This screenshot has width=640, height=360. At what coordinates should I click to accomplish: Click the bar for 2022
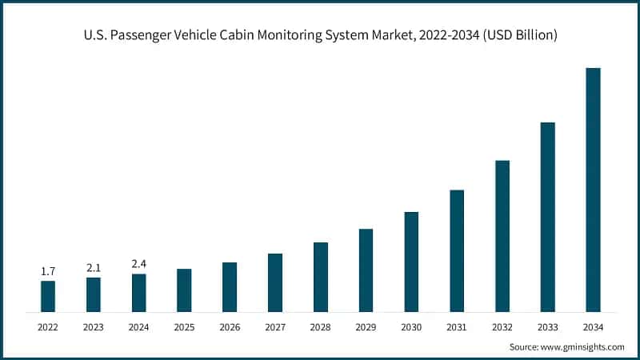(x=48, y=296)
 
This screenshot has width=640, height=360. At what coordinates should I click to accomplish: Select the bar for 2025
(x=184, y=290)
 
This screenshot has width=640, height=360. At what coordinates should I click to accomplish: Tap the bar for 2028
(x=321, y=277)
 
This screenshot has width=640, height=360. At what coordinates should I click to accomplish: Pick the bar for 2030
(x=411, y=262)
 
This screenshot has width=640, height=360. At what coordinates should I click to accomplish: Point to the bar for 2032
(x=502, y=236)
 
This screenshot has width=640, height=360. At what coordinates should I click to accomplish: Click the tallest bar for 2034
(x=593, y=190)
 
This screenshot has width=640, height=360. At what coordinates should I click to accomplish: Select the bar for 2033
(x=547, y=217)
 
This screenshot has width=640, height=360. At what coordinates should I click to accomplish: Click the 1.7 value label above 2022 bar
(x=48, y=272)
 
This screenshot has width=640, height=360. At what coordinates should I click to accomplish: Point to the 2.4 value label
(x=139, y=265)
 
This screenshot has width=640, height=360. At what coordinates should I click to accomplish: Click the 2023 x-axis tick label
(x=94, y=326)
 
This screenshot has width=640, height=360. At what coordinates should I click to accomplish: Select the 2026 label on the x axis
(x=230, y=326)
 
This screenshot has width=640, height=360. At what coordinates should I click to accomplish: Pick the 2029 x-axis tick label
(x=366, y=326)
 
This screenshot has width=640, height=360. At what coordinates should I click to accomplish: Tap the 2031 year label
(x=457, y=326)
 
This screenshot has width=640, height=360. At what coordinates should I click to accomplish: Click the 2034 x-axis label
(x=593, y=326)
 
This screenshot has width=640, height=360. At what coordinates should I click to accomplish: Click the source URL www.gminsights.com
(x=583, y=347)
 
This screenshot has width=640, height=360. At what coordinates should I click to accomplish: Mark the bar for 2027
(x=275, y=282)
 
